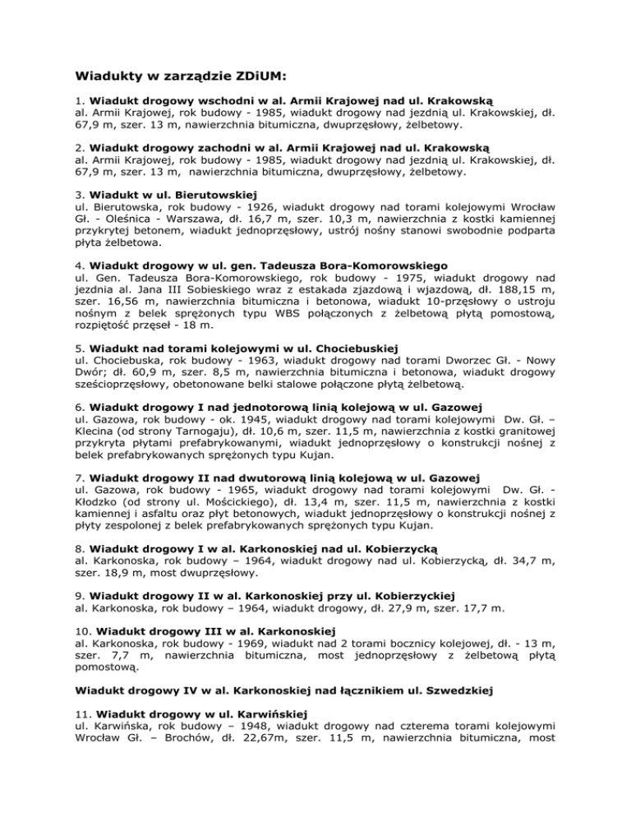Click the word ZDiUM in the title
click(x=251, y=78)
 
